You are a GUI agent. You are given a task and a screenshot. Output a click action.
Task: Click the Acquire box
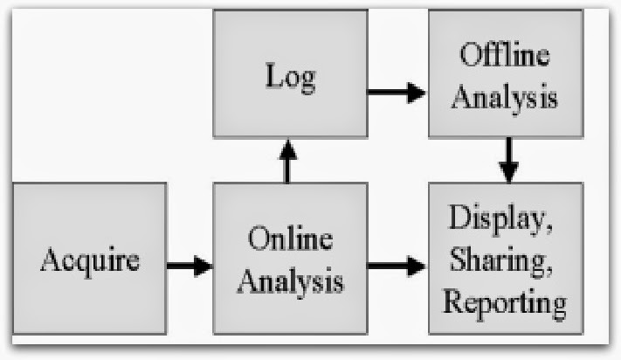pyautogui.click(x=90, y=259)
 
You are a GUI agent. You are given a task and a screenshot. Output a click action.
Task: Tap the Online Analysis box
pyautogui.click(x=289, y=259)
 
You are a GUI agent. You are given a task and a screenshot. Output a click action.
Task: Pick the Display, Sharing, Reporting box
pyautogui.click(x=506, y=259)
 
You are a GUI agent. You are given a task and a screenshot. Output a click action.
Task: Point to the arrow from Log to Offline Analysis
pyautogui.click(x=396, y=92)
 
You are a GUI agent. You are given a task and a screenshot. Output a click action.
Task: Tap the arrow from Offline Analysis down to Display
pyautogui.click(x=508, y=160)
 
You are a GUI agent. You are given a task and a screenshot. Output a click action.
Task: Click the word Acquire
pyautogui.click(x=90, y=260)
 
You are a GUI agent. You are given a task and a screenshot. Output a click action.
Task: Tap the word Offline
pyautogui.click(x=506, y=57)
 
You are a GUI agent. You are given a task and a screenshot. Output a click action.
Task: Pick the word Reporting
pyautogui.click(x=505, y=301)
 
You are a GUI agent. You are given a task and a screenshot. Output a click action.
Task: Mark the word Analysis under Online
pyautogui.click(x=291, y=281)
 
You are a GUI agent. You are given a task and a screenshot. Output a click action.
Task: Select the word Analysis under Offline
pyautogui.click(x=506, y=96)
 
